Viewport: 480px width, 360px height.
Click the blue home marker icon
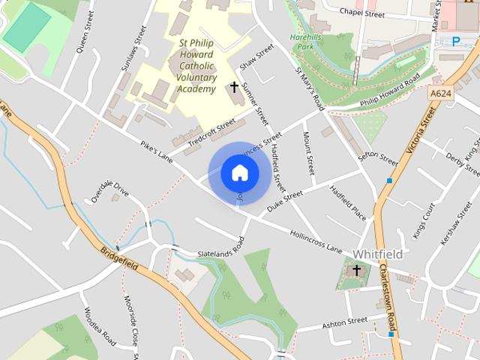pyautogui.click(x=239, y=173)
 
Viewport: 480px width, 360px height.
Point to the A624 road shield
pyautogui.click(x=442, y=93)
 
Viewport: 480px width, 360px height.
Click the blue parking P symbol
pyautogui.click(x=455, y=41)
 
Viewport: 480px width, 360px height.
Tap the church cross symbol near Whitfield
pyautogui.click(x=357, y=270)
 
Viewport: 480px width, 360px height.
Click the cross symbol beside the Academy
pyautogui.click(x=234, y=88)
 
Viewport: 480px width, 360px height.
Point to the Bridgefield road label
pyautogui.click(x=118, y=256)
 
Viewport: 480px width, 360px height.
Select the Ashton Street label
pyautogui.click(x=344, y=322)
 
